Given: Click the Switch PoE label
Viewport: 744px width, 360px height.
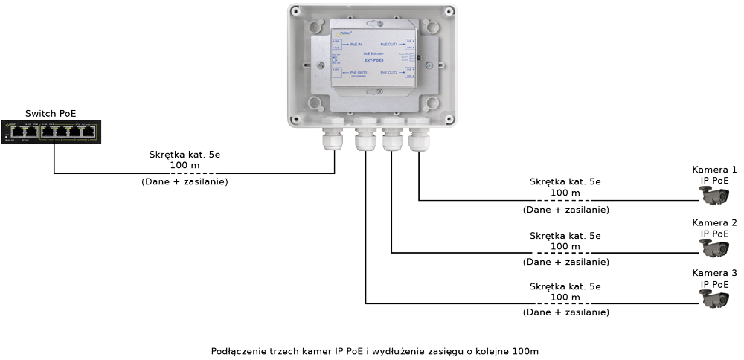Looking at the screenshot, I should click(51, 113).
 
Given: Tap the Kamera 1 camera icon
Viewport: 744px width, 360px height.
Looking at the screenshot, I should click(714, 196).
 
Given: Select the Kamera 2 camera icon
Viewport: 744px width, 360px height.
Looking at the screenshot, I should click(714, 249).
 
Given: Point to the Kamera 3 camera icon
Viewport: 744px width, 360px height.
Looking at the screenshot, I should click(714, 300).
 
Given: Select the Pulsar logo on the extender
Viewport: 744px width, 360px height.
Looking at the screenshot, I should click(341, 33).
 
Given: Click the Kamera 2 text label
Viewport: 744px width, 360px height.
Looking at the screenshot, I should click(714, 223).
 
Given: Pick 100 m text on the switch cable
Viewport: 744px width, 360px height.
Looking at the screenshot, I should click(184, 166).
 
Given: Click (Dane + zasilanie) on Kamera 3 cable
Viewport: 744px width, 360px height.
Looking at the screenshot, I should click(567, 312).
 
